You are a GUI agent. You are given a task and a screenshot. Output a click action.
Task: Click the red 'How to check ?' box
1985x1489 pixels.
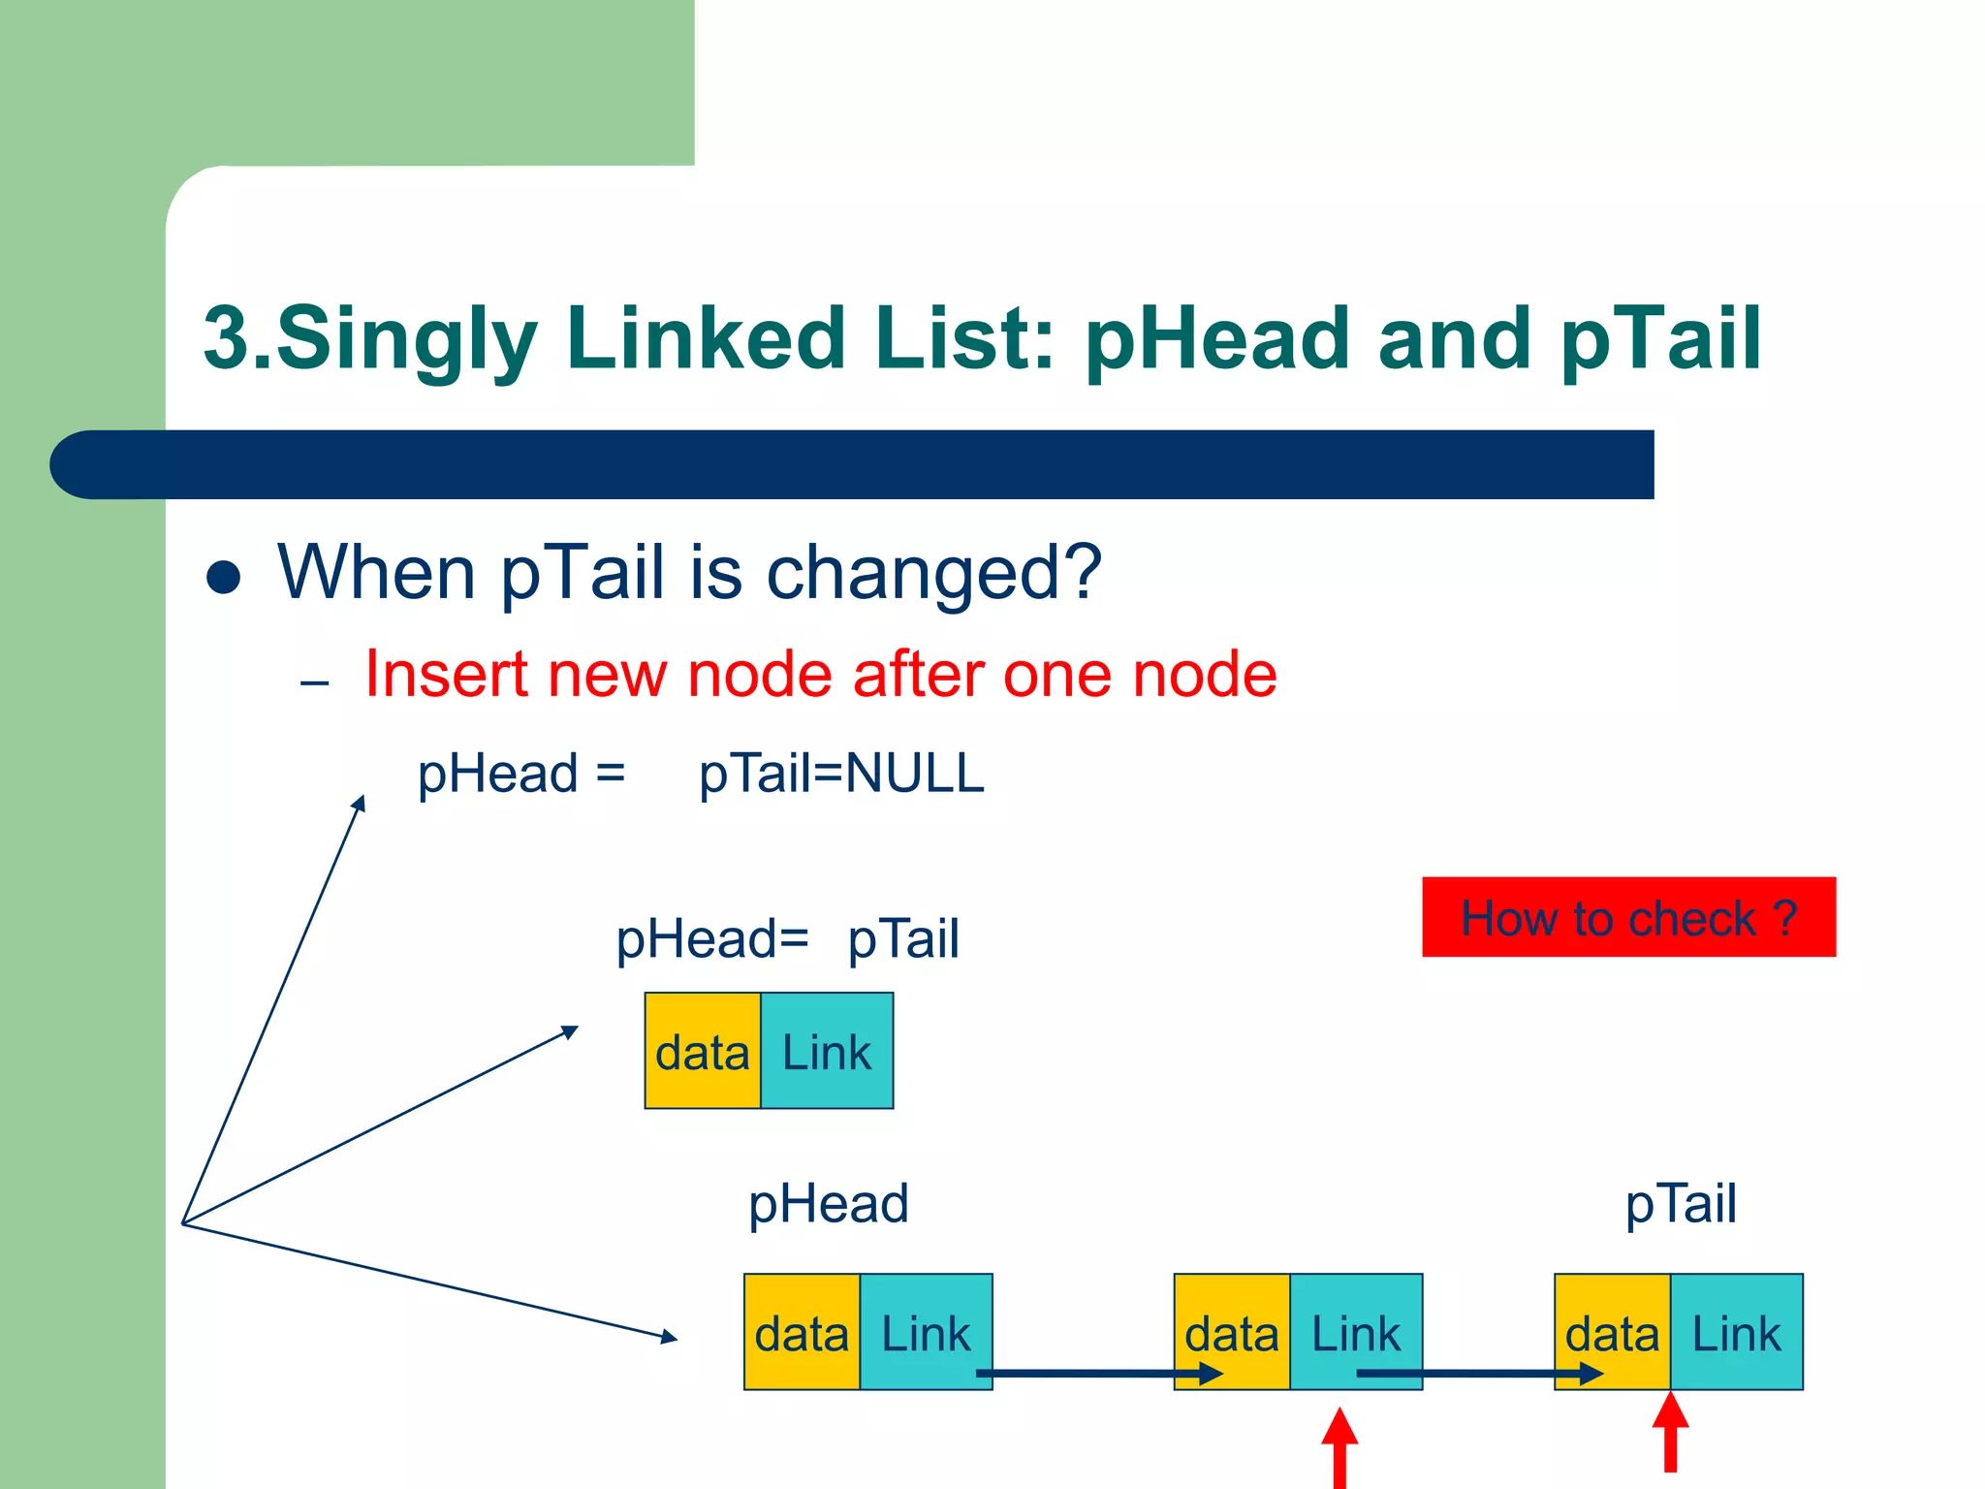pos(1628,917)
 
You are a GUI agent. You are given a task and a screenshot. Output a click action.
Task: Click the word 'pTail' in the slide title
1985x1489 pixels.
pos(1660,339)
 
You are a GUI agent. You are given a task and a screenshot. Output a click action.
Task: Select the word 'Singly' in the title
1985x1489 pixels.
pos(407,339)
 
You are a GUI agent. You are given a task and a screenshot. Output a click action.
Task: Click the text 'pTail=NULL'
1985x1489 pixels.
pos(841,775)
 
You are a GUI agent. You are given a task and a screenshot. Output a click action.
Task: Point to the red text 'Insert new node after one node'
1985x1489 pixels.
pos(820,675)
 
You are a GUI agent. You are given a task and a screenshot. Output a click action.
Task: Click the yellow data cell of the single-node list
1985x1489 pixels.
pos(703,1051)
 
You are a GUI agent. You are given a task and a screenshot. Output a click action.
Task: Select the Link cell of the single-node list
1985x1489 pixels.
pos(827,1051)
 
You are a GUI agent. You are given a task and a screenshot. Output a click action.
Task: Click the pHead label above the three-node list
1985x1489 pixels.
pos(829,1204)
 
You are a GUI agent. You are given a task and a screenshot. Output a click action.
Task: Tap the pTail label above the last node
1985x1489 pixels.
pos(1681,1204)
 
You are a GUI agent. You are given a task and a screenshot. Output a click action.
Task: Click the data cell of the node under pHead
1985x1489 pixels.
pos(802,1332)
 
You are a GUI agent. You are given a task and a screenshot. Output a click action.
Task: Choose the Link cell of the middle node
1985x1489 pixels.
pos(1356,1332)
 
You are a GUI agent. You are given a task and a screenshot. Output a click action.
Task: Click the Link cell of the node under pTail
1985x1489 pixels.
pos(1736,1332)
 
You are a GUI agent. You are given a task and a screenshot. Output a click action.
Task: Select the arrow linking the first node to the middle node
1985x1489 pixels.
pos(1095,1373)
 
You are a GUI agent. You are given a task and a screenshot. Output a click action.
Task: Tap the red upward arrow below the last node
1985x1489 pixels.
pos(1670,1433)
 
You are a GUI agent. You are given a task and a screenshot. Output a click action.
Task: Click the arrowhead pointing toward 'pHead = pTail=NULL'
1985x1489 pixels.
pos(360,803)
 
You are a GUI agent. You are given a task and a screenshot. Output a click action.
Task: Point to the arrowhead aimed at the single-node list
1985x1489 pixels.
pos(570,1031)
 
